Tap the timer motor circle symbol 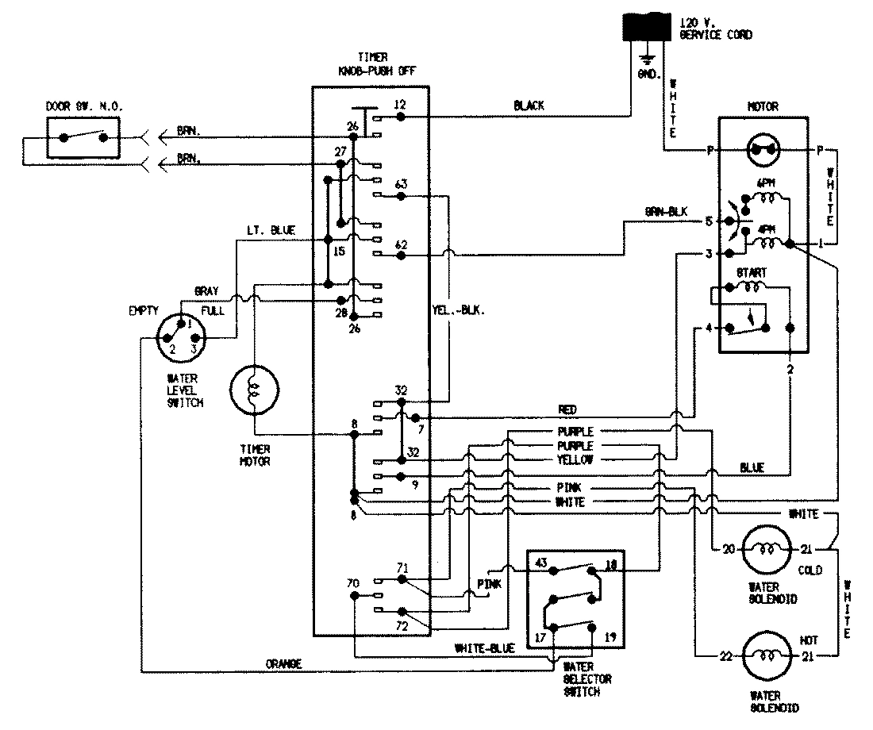click(x=254, y=390)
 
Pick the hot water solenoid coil click(x=767, y=655)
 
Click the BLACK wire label click(x=529, y=105)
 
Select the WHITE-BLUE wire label click(x=484, y=648)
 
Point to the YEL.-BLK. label click(x=460, y=311)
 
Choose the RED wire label click(x=568, y=409)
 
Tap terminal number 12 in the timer click(x=399, y=105)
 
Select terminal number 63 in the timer click(x=401, y=184)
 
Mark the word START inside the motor click(x=752, y=272)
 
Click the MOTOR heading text click(x=762, y=106)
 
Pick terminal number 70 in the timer click(x=353, y=583)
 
